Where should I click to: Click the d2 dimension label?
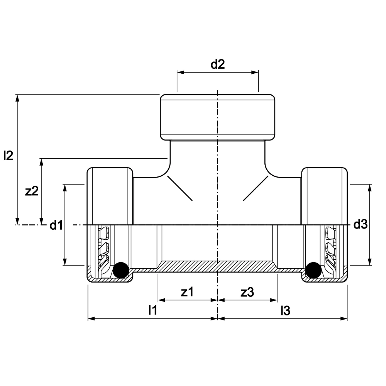pos(218,64)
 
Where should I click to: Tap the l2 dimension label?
pos(8,156)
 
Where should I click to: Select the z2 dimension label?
pos(32,191)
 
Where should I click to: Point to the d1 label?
pos(56,225)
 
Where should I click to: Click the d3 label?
pos(361,224)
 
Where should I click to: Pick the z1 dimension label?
pos(187,292)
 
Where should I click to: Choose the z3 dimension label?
pos(247,293)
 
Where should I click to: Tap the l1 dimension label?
pos(152,310)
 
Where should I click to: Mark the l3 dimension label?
pos(286,311)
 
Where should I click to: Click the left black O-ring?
pos(120,270)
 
